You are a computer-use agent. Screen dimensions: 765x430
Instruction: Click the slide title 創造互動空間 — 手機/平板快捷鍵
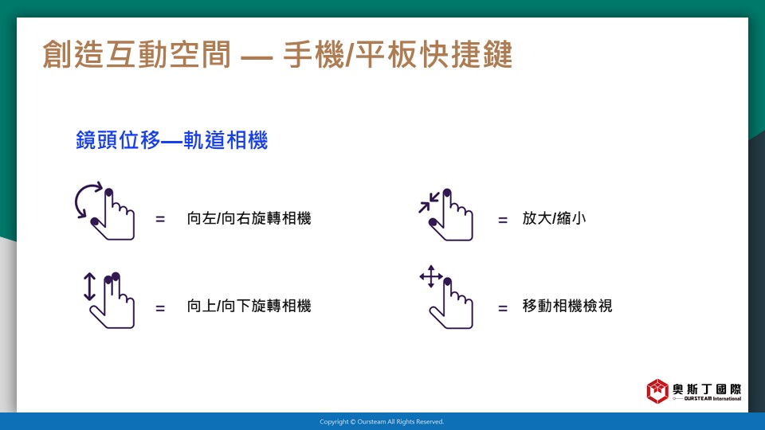click(x=277, y=54)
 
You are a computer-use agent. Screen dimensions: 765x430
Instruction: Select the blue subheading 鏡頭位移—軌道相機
click(x=172, y=140)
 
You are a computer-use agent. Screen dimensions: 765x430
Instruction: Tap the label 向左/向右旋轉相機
click(x=249, y=218)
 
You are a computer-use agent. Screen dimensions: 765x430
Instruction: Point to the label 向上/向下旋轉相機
click(x=249, y=306)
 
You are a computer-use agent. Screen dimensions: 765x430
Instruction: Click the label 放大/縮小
click(x=554, y=218)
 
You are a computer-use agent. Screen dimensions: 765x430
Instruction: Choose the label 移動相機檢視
click(x=567, y=306)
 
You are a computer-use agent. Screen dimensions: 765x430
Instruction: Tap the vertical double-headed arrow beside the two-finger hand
click(x=89, y=286)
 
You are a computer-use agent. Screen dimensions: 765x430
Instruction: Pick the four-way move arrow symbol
click(x=431, y=276)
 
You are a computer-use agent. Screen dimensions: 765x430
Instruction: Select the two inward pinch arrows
click(x=429, y=203)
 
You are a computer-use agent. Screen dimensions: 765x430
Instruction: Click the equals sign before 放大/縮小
click(x=503, y=220)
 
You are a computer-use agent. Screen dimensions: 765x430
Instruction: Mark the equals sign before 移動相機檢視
click(x=503, y=307)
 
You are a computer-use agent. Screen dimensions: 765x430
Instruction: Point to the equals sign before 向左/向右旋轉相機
click(x=160, y=220)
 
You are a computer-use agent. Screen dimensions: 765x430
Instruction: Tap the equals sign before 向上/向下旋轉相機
click(x=160, y=307)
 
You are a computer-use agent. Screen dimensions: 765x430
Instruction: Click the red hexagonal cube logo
click(x=657, y=391)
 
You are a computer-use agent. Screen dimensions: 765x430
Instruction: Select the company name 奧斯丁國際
click(x=707, y=389)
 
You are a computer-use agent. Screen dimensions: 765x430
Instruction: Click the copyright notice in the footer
click(x=382, y=422)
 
